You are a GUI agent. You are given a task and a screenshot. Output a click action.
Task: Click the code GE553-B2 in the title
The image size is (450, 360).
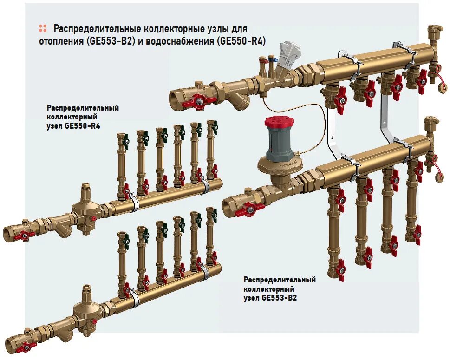click(x=111, y=41)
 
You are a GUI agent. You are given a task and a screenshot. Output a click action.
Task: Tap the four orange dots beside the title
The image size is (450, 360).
click(x=43, y=28)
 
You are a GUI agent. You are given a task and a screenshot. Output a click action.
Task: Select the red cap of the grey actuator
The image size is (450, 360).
click(x=279, y=122)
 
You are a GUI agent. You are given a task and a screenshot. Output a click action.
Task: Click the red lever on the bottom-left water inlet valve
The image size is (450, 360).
click(x=26, y=346)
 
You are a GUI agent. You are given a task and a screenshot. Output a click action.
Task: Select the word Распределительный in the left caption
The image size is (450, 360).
click(x=83, y=108)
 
